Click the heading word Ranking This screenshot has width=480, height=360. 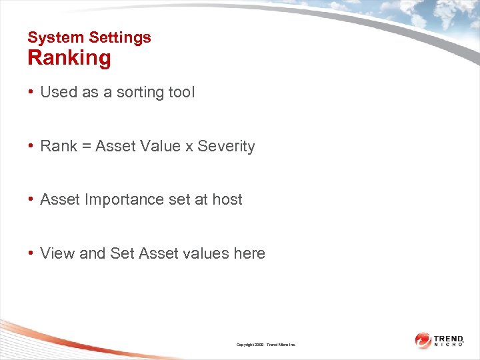69,58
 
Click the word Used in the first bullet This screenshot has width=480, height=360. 59,92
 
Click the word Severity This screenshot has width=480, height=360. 226,146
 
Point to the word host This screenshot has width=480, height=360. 227,199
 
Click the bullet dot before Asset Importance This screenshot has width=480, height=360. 31,199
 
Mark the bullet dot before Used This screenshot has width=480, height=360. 31,92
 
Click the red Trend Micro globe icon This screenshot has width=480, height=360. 423,341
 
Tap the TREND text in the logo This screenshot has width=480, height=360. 449,339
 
